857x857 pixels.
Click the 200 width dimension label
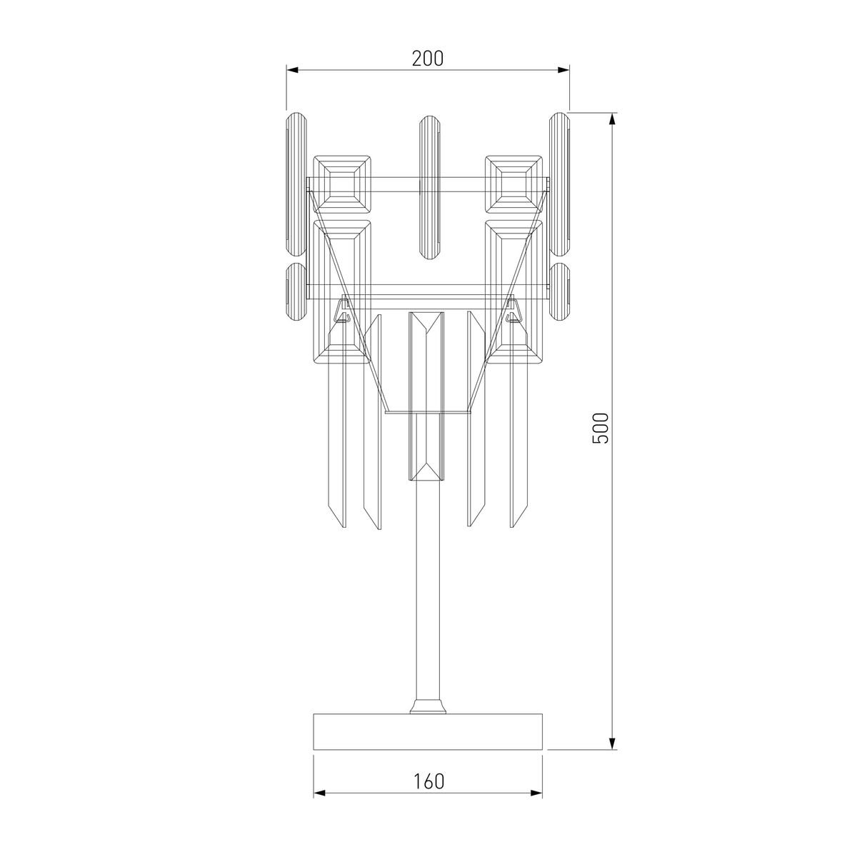(427, 59)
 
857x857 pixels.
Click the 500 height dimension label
(601, 428)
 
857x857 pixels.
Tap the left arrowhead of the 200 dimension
(292, 70)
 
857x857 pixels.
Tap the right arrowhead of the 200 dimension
(563, 70)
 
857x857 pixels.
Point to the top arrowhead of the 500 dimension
(613, 119)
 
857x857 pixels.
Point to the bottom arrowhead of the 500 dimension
(613, 743)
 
